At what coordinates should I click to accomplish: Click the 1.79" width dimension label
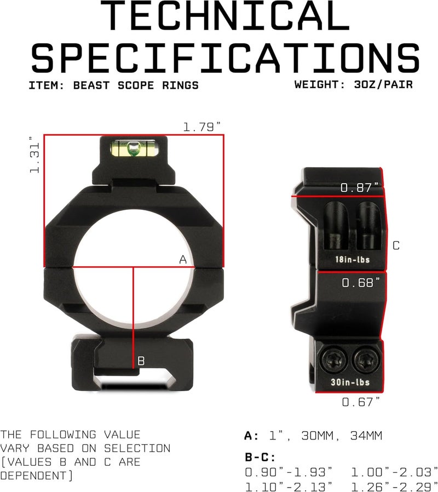tap(202, 127)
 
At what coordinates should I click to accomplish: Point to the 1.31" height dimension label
tap(34, 155)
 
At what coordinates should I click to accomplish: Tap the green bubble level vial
tap(133, 148)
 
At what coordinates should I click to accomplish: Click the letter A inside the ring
tap(183, 260)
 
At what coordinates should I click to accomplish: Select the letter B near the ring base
tap(141, 361)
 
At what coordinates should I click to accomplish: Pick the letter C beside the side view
tap(396, 245)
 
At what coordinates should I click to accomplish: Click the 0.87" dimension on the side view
tap(360, 187)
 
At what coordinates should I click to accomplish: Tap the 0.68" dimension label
tap(361, 282)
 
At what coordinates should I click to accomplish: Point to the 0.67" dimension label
tap(361, 402)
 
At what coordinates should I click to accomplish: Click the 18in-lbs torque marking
tap(353, 260)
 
